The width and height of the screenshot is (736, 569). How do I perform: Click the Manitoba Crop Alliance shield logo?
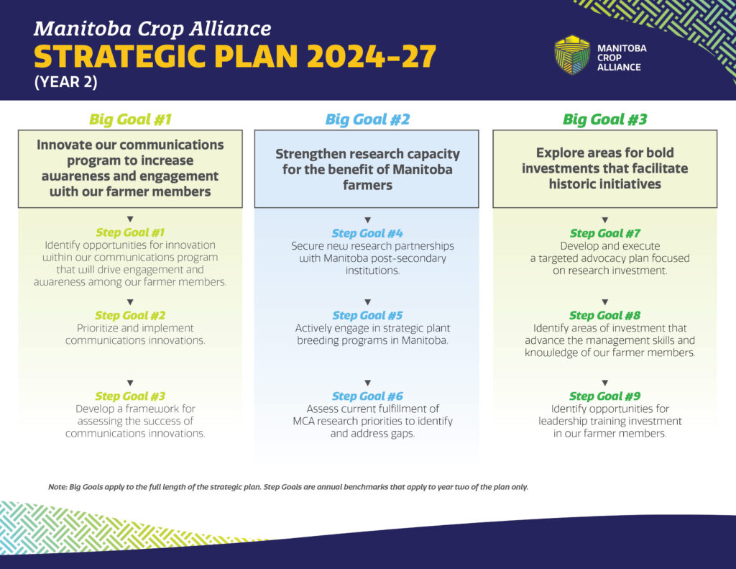coord(571,55)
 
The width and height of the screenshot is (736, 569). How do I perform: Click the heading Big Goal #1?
coord(130,119)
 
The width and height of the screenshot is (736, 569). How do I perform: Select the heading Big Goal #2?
coord(367,119)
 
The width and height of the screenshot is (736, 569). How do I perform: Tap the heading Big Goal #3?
coord(604,119)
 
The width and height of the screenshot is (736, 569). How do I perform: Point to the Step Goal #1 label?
coord(130,232)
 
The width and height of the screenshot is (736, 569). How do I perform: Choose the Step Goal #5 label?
coord(367,315)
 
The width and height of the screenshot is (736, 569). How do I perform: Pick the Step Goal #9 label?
coord(604,396)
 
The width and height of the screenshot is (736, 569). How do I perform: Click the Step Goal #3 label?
coord(130,396)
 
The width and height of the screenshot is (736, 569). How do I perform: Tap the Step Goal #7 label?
coord(604,233)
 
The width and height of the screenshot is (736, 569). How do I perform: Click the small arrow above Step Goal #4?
coord(367,220)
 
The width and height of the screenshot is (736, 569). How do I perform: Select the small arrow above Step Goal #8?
coord(604,302)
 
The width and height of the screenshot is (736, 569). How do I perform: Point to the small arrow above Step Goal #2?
coord(130,302)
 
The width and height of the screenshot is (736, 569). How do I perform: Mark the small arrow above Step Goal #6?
coord(367,383)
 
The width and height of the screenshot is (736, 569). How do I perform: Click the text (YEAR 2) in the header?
coord(65,82)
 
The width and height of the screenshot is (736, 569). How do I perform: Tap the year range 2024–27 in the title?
coord(372,56)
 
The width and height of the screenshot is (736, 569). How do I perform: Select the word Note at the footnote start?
coord(57,487)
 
